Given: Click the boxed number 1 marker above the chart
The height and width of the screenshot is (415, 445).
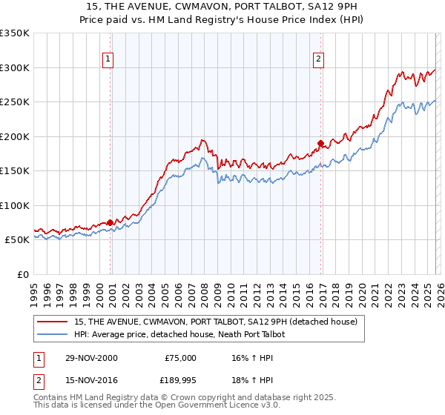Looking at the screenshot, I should [x=108, y=59].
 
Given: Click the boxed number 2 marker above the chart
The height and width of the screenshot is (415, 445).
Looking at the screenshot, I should [x=318, y=59].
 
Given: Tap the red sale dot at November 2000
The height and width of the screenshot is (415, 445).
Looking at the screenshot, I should [x=111, y=222].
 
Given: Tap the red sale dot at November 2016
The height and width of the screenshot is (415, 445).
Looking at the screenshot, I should [x=320, y=143].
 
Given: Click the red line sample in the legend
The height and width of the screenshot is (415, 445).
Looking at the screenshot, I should [x=53, y=322].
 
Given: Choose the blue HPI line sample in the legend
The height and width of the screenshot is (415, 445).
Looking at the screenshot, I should [x=53, y=334].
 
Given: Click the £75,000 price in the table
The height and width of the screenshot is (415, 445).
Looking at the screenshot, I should [x=180, y=357].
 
